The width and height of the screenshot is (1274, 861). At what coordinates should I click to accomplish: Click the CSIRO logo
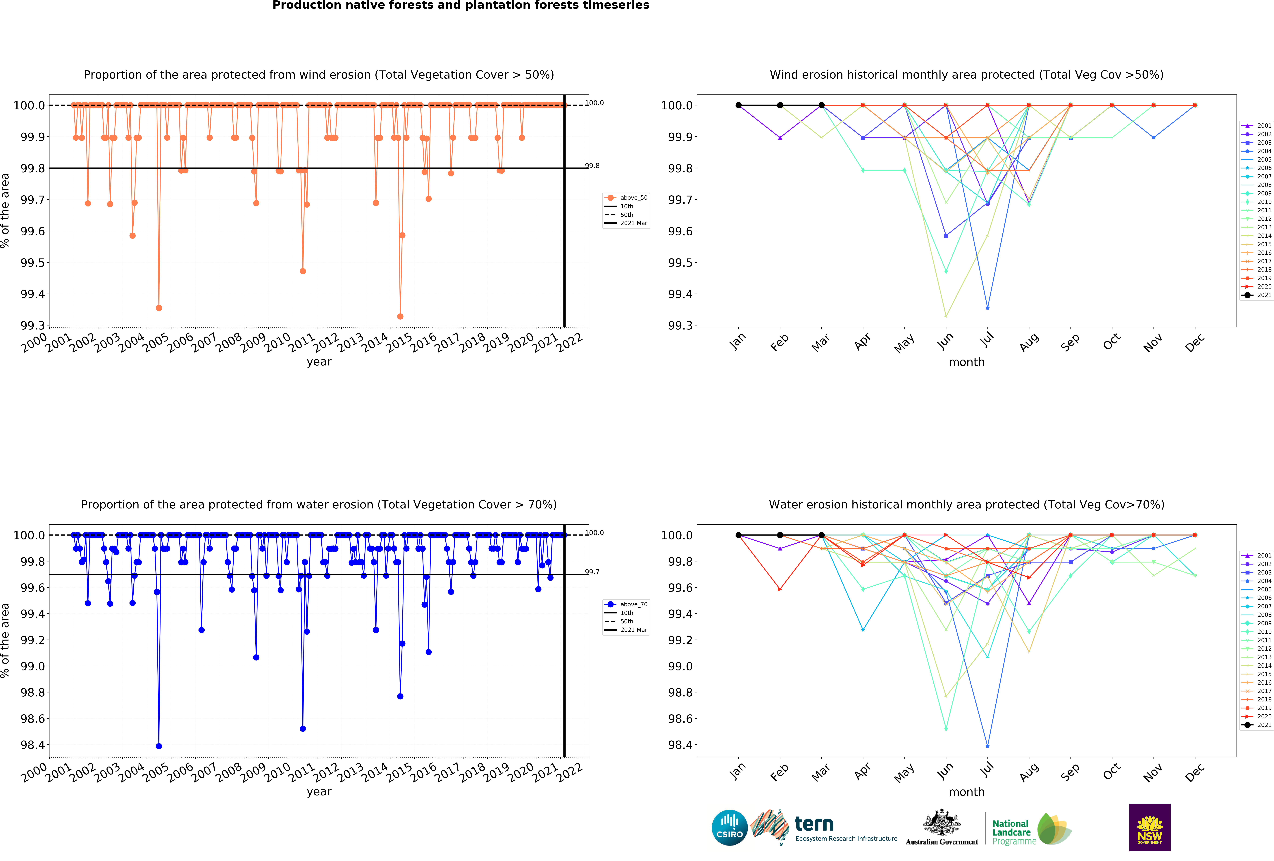point(729,828)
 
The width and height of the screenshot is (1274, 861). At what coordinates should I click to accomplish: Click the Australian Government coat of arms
point(941,822)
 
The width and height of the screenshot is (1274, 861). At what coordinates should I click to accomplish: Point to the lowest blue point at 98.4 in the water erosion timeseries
point(159,746)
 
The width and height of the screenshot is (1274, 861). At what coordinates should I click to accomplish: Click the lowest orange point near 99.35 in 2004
point(159,308)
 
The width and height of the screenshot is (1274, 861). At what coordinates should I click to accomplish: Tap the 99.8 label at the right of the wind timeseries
point(592,165)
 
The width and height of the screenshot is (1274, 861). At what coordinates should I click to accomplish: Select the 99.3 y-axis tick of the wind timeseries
point(33,326)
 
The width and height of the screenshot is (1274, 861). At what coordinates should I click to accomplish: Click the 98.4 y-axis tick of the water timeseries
point(33,745)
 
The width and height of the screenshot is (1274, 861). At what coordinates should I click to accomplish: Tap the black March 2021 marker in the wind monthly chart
point(821,105)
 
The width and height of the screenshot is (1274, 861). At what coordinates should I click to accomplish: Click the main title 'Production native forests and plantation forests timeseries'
point(461,6)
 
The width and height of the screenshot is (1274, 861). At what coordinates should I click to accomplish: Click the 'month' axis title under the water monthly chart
point(966,792)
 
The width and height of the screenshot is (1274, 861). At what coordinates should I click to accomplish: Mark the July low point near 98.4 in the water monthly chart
point(987,746)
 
